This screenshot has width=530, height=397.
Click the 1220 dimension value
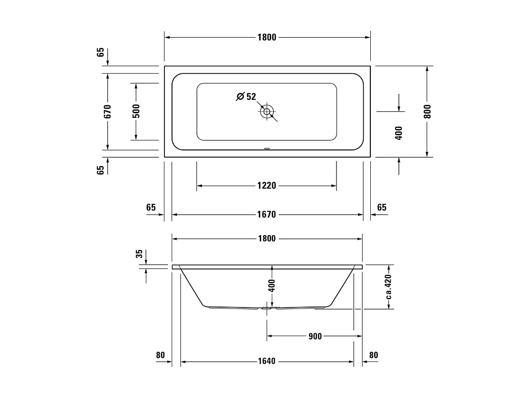point(267,186)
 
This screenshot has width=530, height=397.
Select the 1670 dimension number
point(267,215)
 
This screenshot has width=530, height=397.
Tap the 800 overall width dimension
point(427,111)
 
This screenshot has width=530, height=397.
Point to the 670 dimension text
point(108,111)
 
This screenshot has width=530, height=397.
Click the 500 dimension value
point(136,111)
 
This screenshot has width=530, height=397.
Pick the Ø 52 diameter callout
point(246,97)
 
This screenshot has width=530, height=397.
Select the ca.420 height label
point(389,287)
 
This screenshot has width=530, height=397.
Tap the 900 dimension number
point(315,337)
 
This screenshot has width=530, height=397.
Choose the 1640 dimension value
point(267,361)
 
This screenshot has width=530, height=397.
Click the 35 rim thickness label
point(139,254)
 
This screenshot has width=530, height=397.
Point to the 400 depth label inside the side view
point(272,286)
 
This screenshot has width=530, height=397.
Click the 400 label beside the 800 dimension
point(399,132)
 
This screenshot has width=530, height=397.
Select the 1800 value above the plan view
point(267,38)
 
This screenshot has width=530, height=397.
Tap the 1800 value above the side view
point(267,238)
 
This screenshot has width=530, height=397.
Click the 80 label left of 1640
point(160,355)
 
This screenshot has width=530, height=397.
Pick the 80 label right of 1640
point(373,355)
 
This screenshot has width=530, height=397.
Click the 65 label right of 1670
point(381,208)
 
